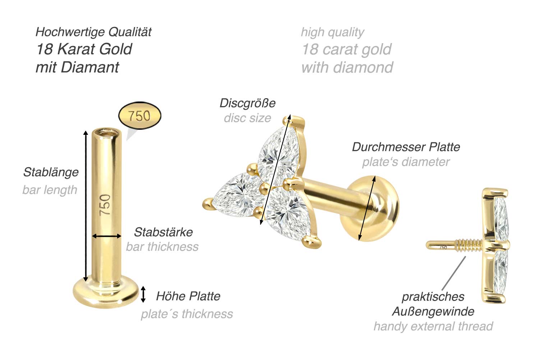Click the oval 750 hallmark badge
(139, 115)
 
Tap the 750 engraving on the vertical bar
(105, 205)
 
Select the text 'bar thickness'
(162, 247)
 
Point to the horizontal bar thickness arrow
(107, 236)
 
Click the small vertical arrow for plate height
(143, 294)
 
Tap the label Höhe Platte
(188, 296)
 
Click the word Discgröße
(248, 104)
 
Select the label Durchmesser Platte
(406, 147)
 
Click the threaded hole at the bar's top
(107, 133)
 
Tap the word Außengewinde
(433, 311)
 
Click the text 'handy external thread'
(433, 327)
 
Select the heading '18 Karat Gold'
(84, 49)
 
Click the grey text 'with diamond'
(347, 67)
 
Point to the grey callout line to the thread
(454, 273)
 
